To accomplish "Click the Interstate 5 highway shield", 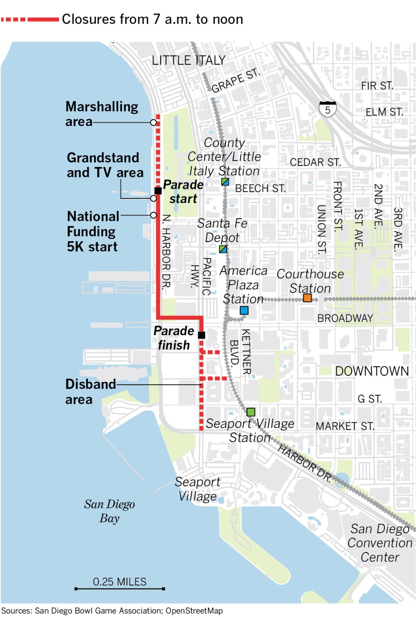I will (x=328, y=109).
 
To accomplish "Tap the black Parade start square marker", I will (x=158, y=191).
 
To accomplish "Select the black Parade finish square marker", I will (x=201, y=335).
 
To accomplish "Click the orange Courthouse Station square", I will (x=307, y=298).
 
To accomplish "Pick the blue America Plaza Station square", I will (x=244, y=310).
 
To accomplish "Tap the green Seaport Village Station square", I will (x=251, y=412).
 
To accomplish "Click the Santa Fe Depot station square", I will (x=223, y=249).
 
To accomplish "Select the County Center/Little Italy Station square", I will (x=225, y=182).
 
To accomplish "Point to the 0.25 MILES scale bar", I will (x=120, y=588).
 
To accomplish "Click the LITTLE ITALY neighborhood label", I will (x=189, y=61).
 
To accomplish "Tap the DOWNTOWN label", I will (x=372, y=371).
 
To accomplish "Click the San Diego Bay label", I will (x=109, y=511).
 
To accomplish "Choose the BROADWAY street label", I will (x=345, y=318).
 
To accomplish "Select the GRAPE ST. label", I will (x=235, y=81).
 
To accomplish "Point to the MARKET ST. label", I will (x=345, y=426).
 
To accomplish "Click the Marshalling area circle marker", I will (x=154, y=122).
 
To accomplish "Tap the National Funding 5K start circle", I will (x=154, y=215).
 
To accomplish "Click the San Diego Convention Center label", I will (x=380, y=543).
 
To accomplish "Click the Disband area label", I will (x=91, y=391).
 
